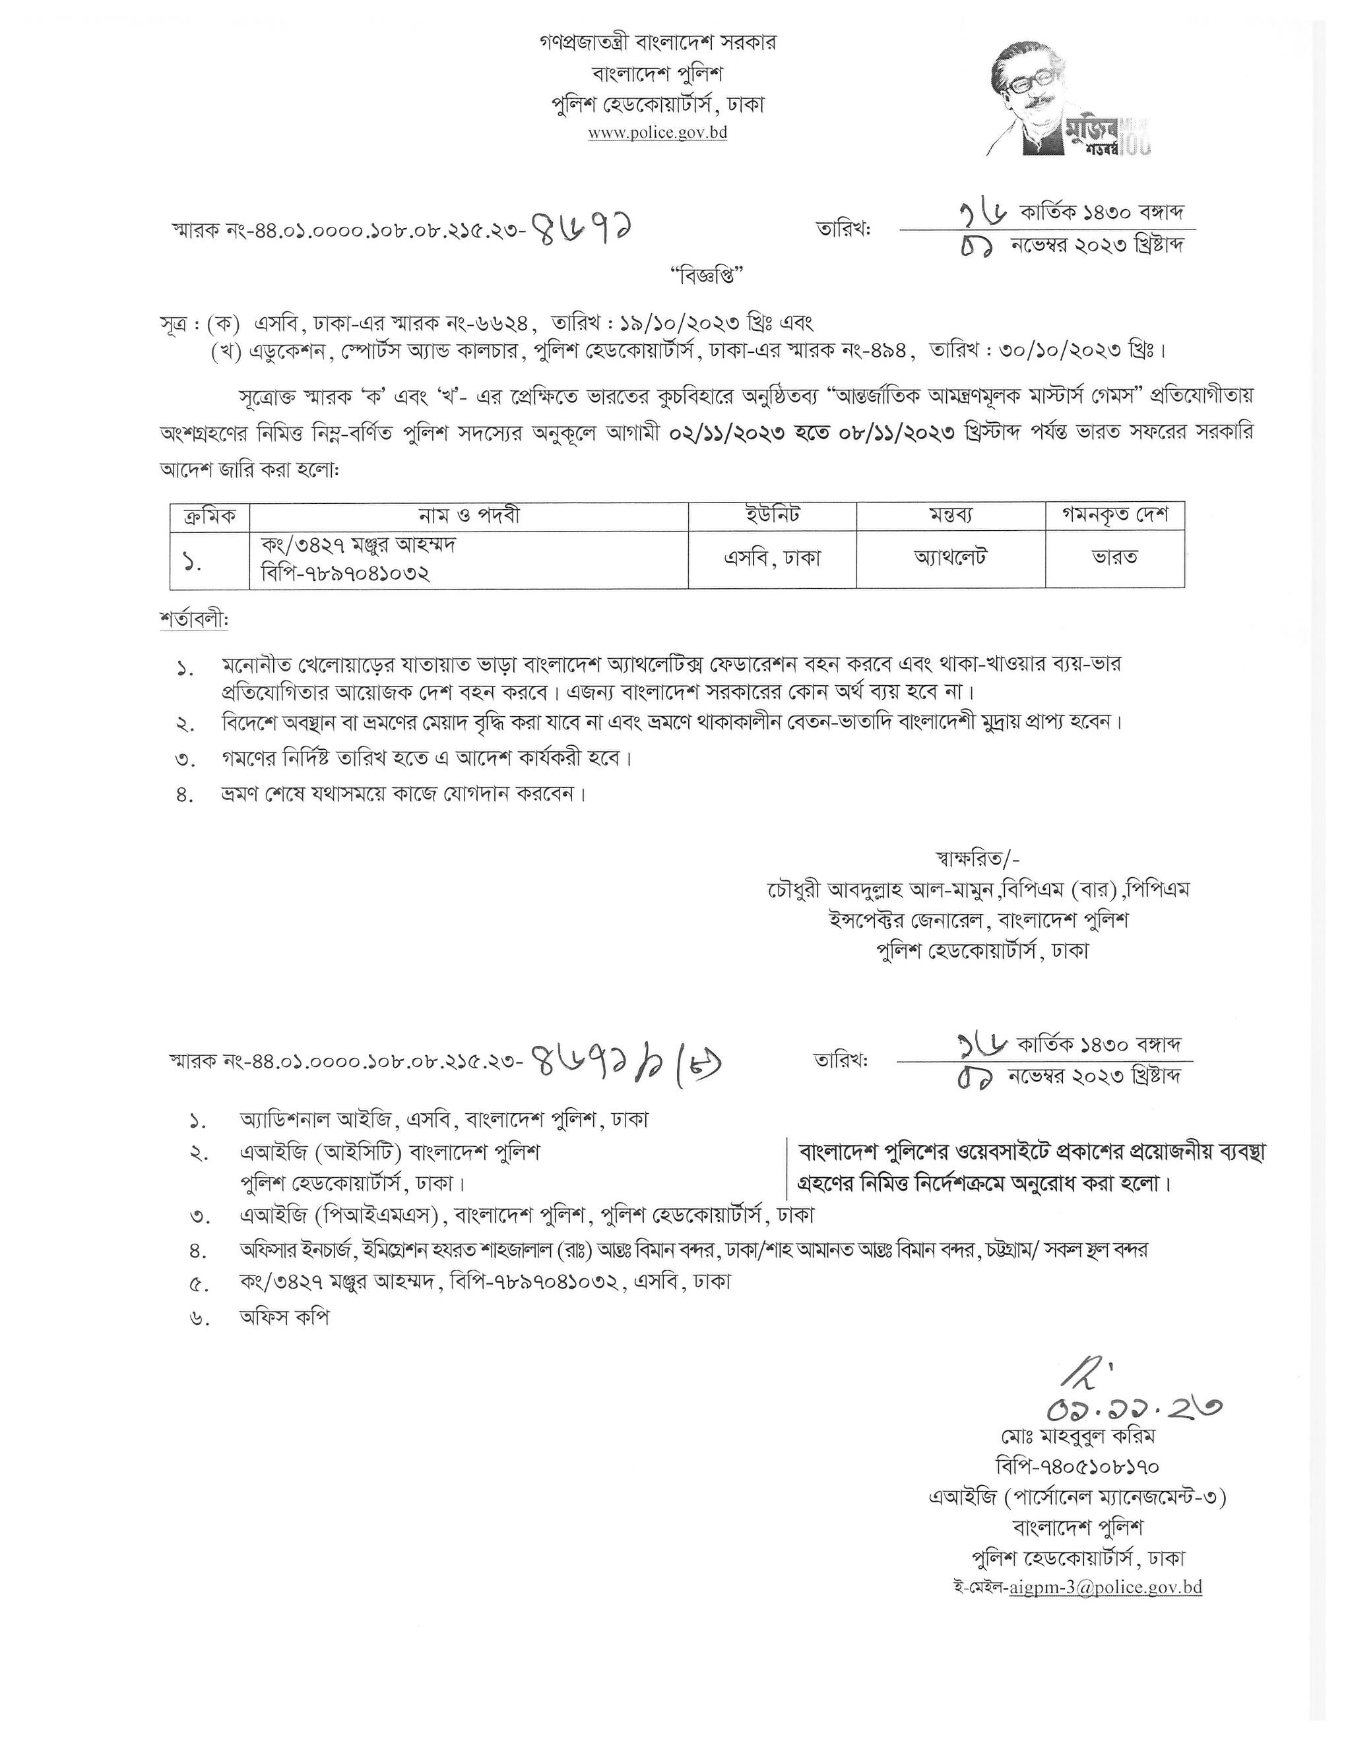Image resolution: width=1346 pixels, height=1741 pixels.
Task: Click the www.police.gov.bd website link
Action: click(x=657, y=133)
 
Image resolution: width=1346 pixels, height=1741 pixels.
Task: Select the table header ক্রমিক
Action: click(x=210, y=516)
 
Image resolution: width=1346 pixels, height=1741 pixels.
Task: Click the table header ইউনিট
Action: click(x=772, y=516)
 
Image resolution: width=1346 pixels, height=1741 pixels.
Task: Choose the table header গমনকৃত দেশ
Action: click(x=1115, y=516)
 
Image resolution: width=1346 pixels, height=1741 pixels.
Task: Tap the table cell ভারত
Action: click(x=1115, y=558)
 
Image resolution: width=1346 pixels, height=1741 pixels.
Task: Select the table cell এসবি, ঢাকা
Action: click(x=772, y=558)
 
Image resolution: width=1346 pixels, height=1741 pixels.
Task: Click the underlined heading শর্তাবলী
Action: click(x=194, y=619)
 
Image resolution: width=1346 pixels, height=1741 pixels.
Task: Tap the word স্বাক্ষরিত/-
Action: click(x=976, y=858)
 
